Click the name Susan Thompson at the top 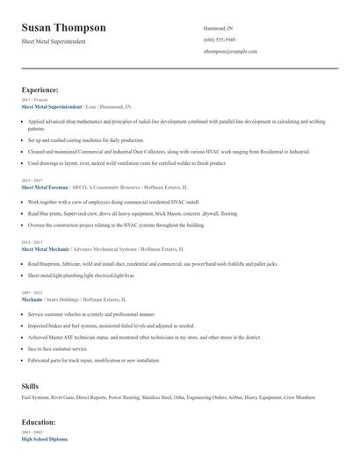point(63,27)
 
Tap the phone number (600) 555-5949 point(219,40)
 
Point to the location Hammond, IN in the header point(219,28)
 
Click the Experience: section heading point(40,89)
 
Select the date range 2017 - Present point(32,100)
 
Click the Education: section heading point(40,421)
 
